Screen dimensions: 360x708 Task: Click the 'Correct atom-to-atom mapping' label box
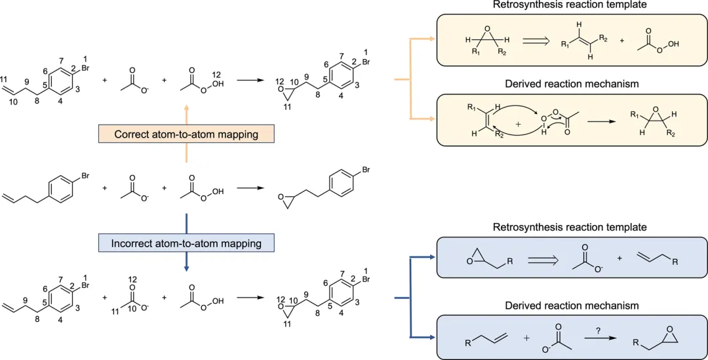point(186,134)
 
